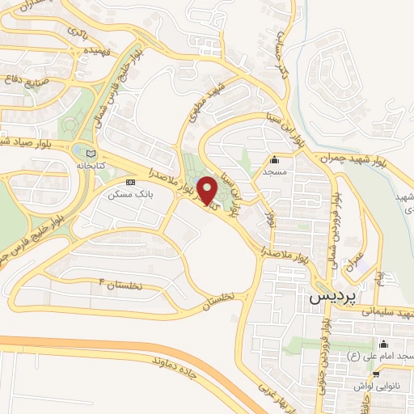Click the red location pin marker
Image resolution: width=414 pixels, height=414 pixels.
click(x=207, y=191)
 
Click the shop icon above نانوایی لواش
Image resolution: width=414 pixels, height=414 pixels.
click(x=376, y=374)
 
